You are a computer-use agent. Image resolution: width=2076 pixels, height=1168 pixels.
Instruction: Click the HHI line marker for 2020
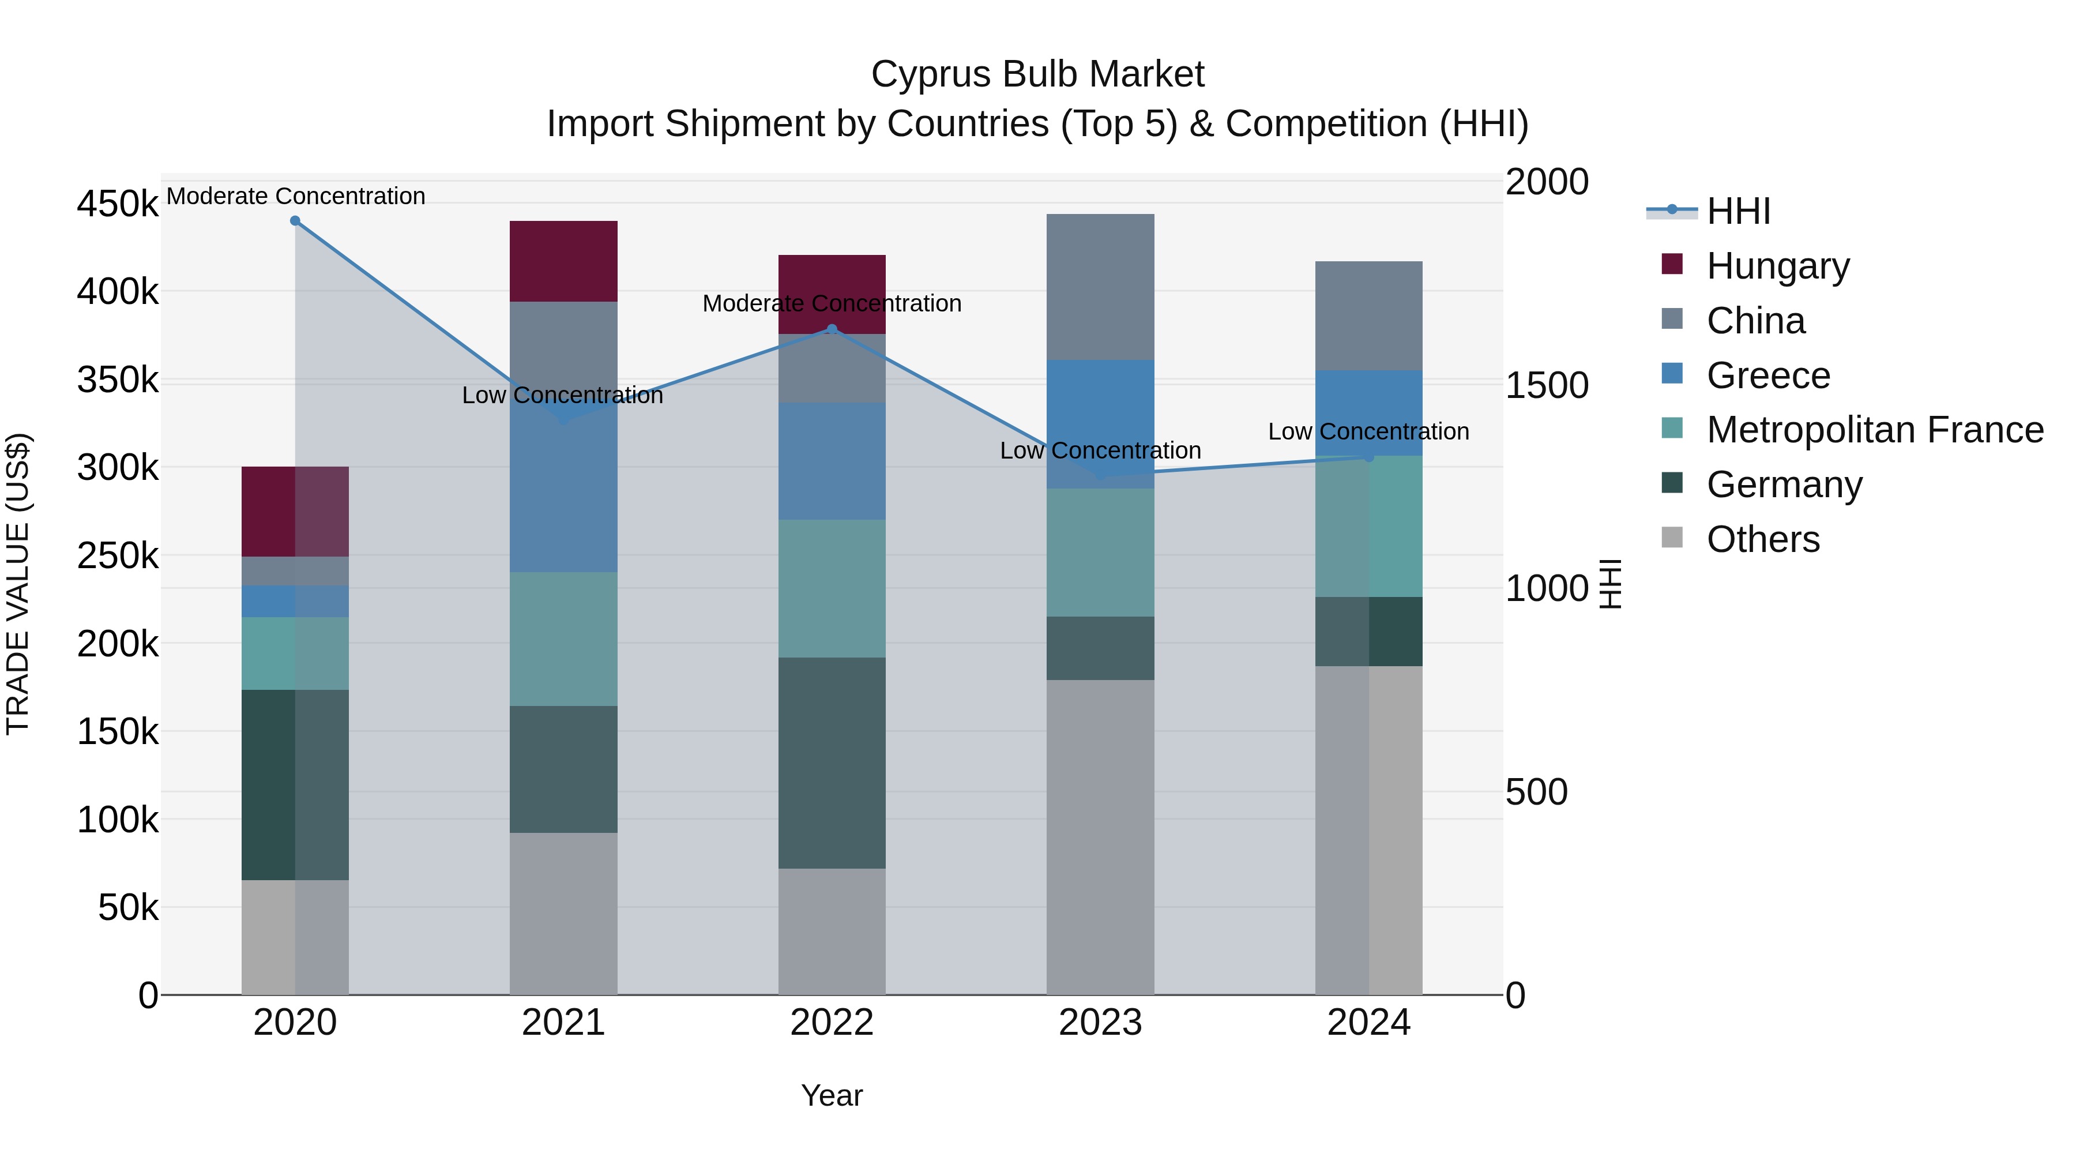point(295,221)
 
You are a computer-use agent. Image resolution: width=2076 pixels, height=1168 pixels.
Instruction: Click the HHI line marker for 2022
point(832,329)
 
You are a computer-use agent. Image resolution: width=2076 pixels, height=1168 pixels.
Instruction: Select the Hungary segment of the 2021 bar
point(563,261)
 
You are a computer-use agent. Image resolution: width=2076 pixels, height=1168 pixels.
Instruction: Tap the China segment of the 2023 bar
point(1100,287)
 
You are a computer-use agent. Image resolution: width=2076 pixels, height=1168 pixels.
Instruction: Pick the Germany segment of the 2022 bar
point(832,763)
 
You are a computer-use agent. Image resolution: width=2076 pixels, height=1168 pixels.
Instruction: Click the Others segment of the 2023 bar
point(1100,837)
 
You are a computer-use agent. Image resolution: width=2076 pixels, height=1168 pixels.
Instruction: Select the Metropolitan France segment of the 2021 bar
point(563,639)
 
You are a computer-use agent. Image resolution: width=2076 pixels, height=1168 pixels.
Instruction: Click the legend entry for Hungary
point(1777,266)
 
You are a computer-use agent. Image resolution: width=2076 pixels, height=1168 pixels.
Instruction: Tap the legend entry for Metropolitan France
point(1875,430)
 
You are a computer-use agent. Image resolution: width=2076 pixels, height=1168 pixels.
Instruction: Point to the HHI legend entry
point(1737,211)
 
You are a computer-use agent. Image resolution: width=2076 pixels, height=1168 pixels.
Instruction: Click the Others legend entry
point(1762,539)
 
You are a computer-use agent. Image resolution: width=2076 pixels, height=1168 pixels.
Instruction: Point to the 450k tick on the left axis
point(118,204)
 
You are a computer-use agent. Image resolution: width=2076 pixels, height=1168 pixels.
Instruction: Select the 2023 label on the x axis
point(1100,1023)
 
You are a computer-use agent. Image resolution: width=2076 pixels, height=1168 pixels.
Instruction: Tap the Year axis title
point(832,1095)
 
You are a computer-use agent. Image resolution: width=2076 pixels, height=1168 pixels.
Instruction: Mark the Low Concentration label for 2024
point(1368,431)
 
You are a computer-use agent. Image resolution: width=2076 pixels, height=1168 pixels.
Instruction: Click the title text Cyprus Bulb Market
point(1037,74)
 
